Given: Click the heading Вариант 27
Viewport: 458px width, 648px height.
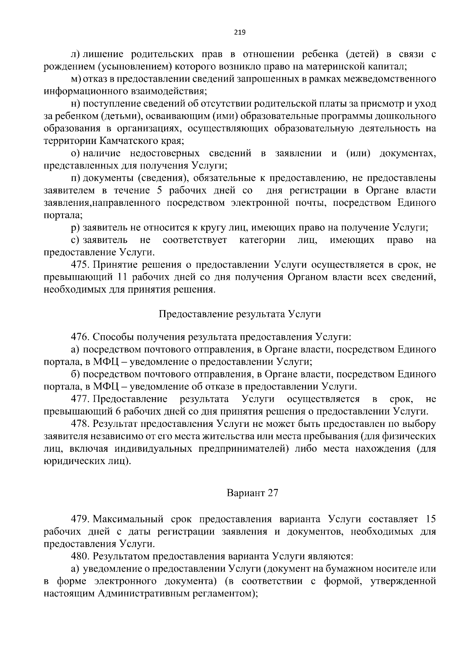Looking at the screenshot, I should pos(252,493).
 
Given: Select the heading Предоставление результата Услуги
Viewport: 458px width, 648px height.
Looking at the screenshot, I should pos(239,314).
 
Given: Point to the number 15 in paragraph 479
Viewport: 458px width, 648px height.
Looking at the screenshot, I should pos(430,519).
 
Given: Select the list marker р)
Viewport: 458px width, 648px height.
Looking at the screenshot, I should pos(76,228).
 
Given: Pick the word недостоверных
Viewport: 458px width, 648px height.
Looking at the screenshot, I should pos(164,153).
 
